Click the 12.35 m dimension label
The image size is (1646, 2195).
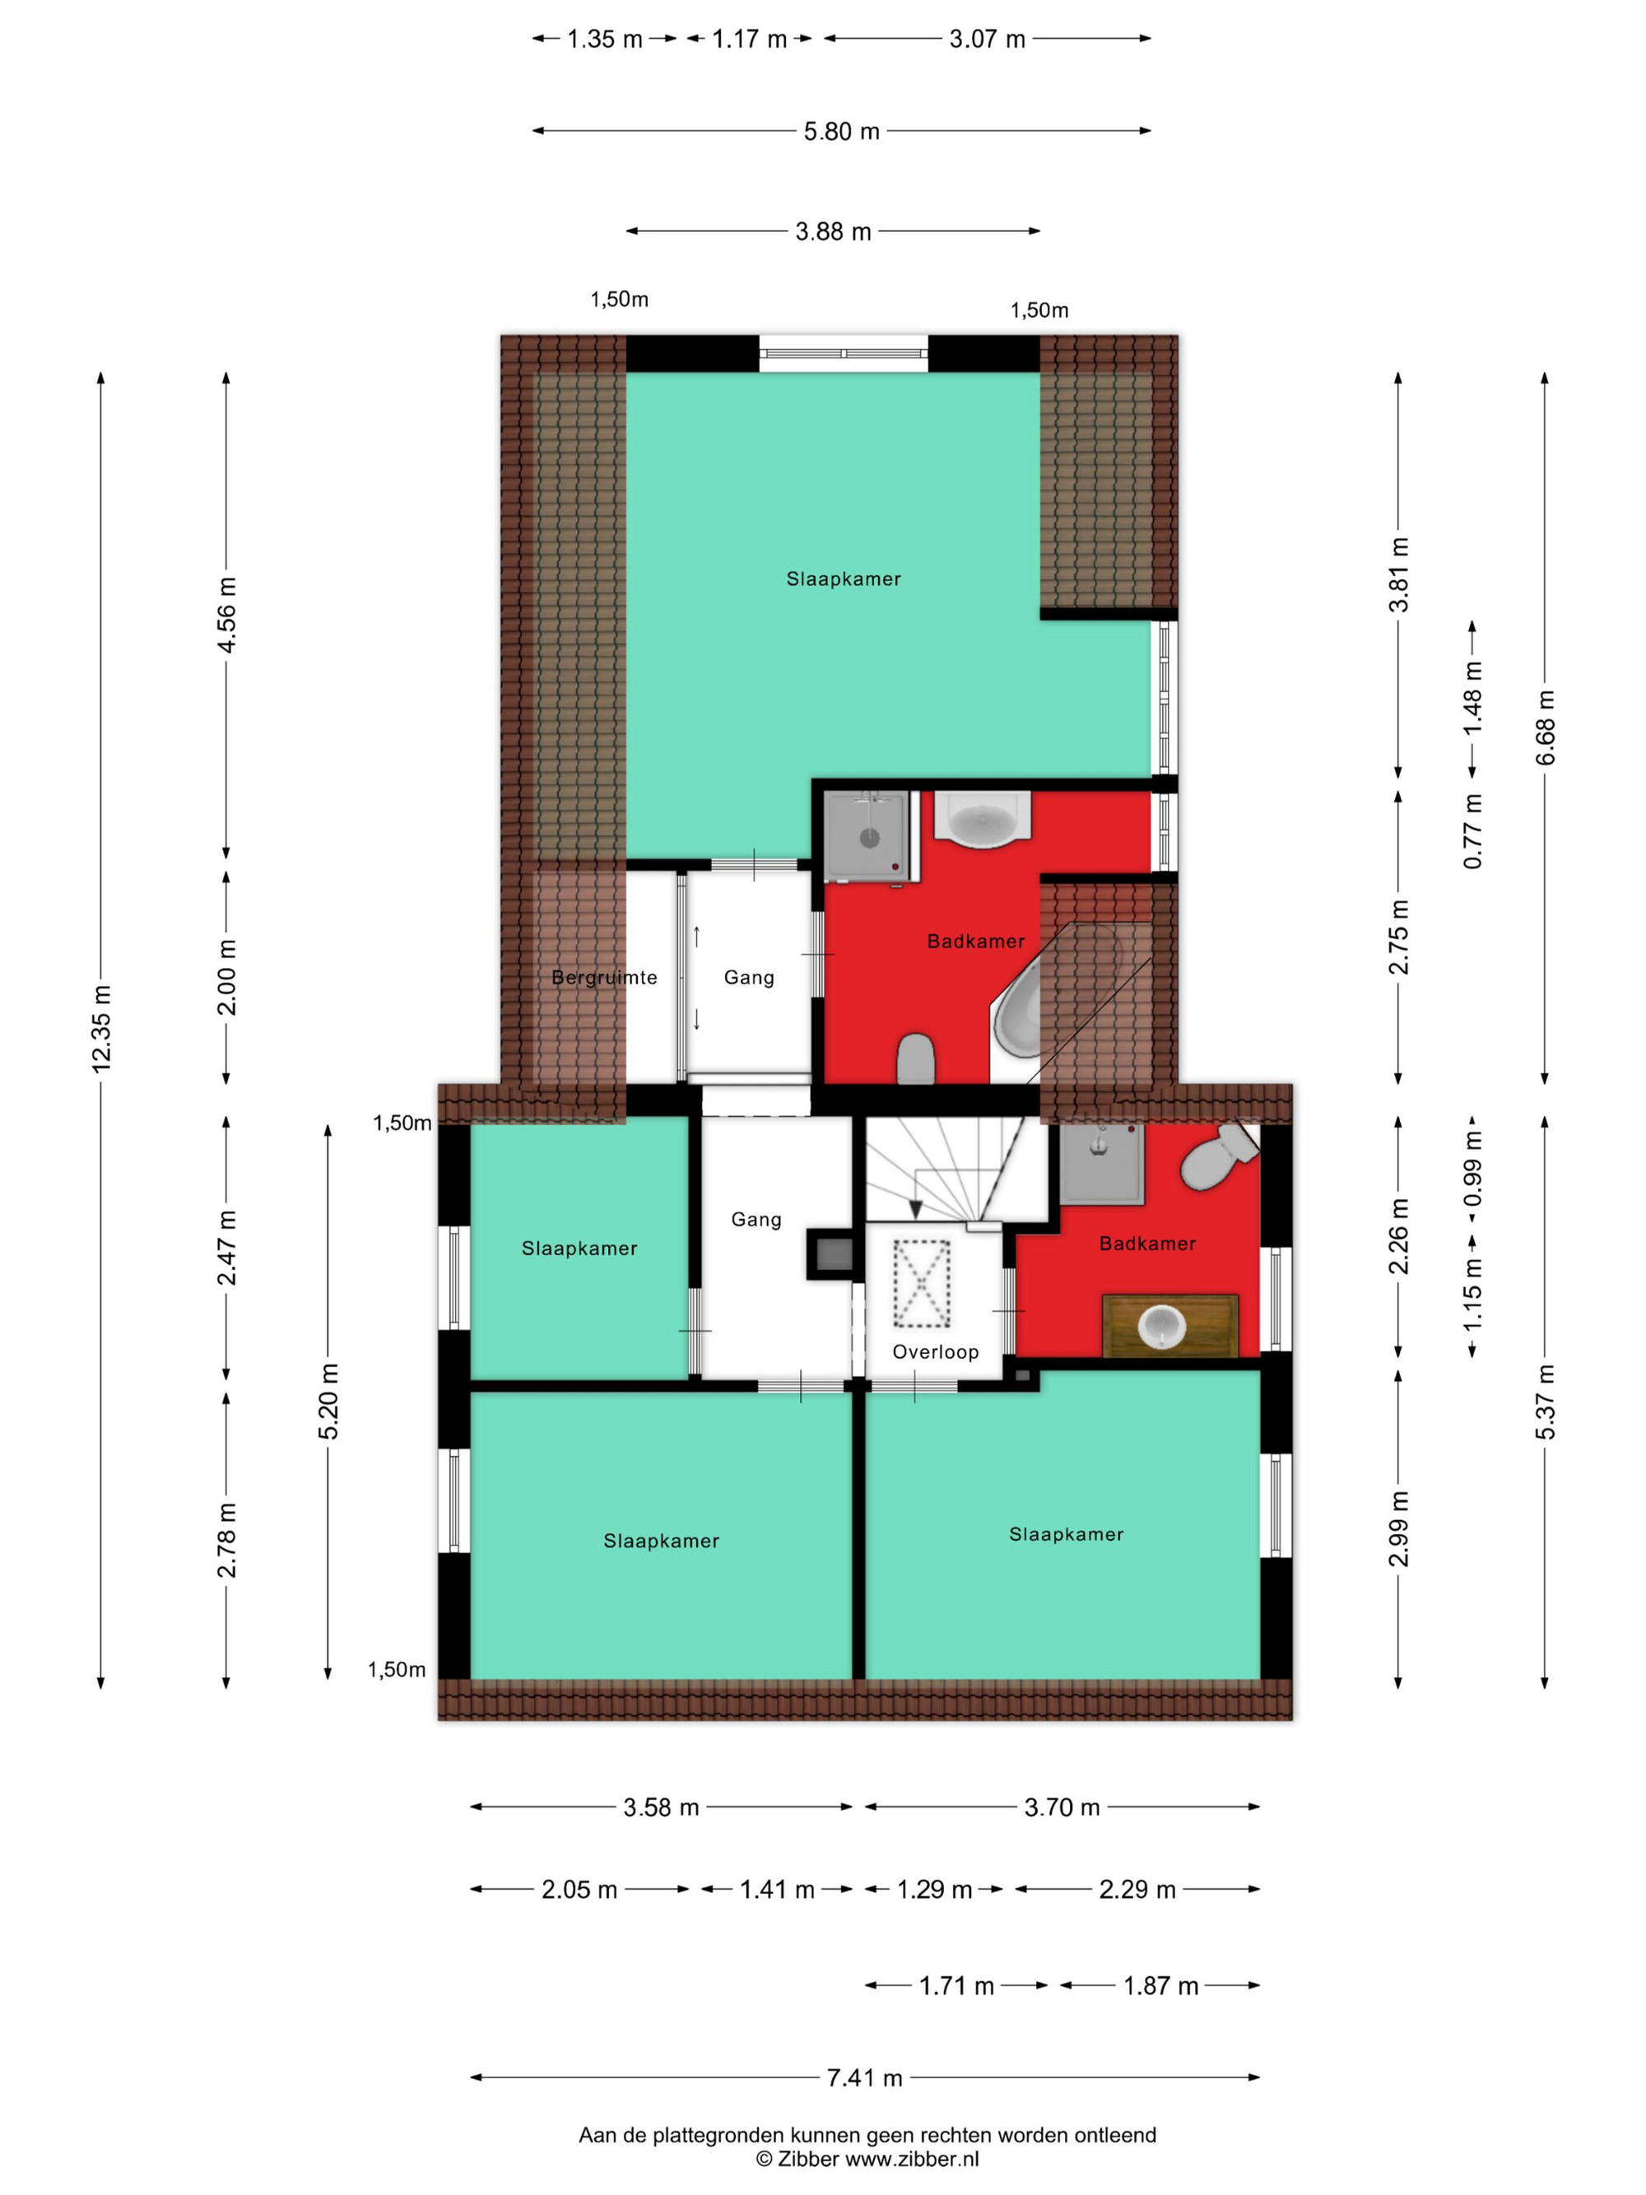point(101,1029)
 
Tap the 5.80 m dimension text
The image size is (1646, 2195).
point(841,131)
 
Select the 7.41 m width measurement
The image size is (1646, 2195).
point(864,2077)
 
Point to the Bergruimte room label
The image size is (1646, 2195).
point(604,978)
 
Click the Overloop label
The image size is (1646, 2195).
point(935,1351)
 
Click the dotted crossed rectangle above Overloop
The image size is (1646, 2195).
point(922,1283)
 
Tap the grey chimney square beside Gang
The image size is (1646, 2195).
point(832,1255)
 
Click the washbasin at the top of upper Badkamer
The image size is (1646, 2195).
point(982,819)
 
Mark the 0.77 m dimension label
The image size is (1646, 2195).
point(1472,831)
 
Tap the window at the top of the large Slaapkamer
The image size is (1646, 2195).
point(844,353)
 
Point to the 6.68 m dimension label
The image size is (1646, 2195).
point(1545,728)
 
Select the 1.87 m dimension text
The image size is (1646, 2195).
point(1160,1986)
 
